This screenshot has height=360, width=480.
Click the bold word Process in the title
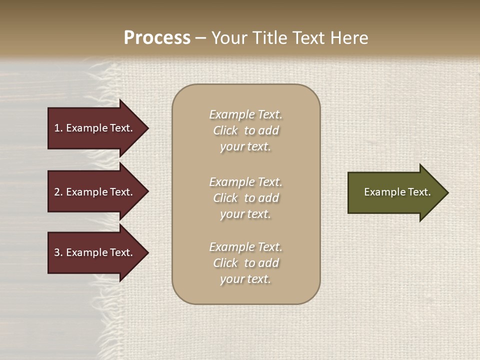(x=157, y=38)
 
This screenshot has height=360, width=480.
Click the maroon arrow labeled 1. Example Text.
(x=93, y=128)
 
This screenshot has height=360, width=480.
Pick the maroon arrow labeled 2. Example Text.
(x=93, y=192)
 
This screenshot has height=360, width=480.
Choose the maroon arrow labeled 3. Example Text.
(x=93, y=252)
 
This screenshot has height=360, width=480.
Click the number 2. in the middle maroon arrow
(x=58, y=192)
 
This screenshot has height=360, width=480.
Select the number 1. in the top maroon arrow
(x=58, y=128)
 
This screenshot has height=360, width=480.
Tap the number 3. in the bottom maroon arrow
(x=58, y=252)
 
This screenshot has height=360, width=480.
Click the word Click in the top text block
(x=225, y=130)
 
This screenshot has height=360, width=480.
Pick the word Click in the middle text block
(x=225, y=198)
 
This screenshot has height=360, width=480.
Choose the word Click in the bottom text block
(x=225, y=263)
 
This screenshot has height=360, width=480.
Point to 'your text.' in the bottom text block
(x=245, y=279)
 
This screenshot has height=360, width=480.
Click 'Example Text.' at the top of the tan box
(x=245, y=114)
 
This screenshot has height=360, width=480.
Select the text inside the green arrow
(x=397, y=192)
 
